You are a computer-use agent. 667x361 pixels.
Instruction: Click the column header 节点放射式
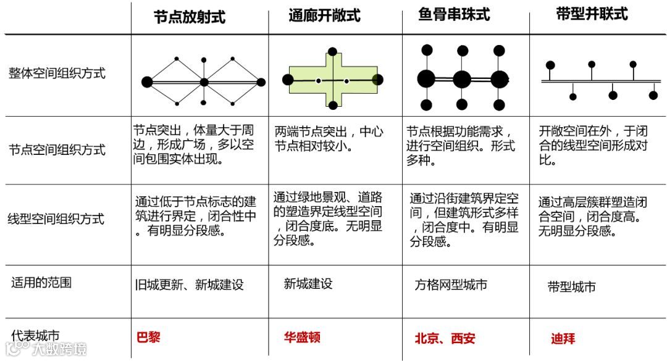(190, 17)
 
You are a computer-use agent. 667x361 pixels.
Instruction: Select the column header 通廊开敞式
(324, 15)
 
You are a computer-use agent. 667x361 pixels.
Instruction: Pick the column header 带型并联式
(592, 15)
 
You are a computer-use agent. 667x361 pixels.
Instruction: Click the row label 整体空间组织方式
(57, 73)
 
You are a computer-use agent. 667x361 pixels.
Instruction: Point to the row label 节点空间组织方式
(57, 150)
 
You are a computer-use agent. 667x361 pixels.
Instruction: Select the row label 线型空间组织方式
(56, 219)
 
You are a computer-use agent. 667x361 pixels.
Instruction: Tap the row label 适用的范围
(41, 283)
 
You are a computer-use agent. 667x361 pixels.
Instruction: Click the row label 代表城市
(36, 336)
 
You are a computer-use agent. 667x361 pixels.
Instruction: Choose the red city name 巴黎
(148, 338)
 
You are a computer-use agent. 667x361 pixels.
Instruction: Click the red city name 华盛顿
(302, 338)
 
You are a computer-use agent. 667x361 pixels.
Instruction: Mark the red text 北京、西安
(445, 339)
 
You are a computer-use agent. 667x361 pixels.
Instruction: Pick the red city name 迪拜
(563, 339)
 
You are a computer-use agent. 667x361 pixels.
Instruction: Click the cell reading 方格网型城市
(451, 285)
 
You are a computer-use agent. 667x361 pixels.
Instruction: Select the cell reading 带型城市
(571, 287)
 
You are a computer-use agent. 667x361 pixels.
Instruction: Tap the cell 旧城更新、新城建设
(189, 285)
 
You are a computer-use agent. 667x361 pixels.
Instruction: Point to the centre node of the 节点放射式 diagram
(204, 81)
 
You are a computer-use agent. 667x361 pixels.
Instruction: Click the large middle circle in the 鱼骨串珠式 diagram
(462, 80)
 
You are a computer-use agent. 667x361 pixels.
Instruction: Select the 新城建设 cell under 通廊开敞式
(308, 284)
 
